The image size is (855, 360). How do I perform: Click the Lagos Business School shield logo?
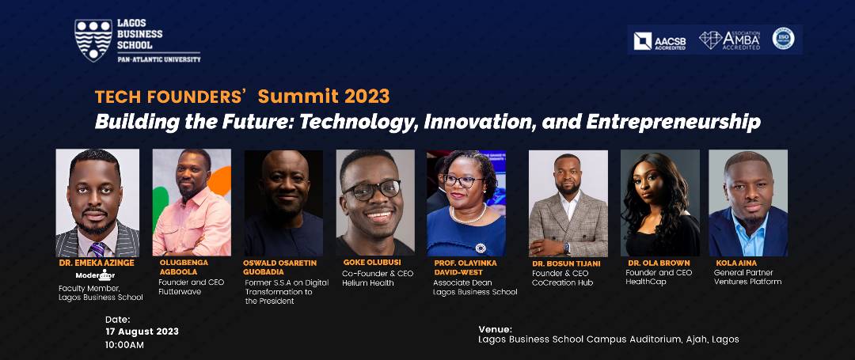93,40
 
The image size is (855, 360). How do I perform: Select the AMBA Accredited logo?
729,40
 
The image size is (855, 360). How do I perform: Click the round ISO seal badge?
783,39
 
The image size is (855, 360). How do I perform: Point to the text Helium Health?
368,282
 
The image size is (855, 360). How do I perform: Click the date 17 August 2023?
142,331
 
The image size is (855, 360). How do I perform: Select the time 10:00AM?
125,344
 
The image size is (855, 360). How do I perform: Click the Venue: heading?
496,328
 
